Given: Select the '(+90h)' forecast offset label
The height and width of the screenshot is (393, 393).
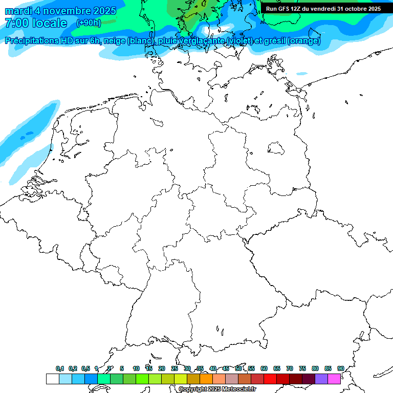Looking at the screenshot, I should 89,23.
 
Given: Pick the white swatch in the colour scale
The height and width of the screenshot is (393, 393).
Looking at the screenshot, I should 52,379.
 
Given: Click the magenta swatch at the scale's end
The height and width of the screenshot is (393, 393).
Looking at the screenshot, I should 334,379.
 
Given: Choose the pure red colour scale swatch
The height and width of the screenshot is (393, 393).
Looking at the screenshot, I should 270,379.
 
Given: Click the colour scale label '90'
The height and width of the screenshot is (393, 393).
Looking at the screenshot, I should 341,368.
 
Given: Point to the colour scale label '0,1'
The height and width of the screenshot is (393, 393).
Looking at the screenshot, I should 60,368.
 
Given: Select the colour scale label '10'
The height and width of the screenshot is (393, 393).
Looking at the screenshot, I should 136,368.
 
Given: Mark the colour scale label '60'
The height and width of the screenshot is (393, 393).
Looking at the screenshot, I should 264,368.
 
